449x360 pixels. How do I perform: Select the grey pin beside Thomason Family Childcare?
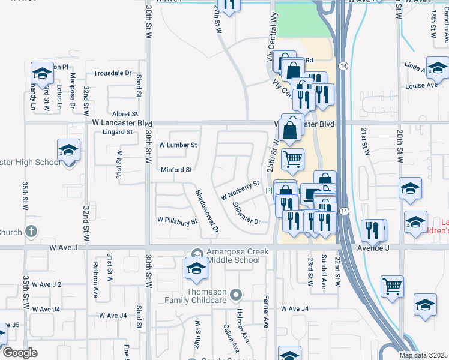click(x=236, y=295)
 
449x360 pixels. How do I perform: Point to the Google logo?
click(x=20, y=353)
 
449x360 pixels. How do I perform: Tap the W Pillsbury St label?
click(x=177, y=221)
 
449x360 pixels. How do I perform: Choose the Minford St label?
click(x=176, y=170)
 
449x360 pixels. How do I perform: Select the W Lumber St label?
click(x=178, y=145)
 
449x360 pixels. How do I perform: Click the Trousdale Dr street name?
click(x=112, y=73)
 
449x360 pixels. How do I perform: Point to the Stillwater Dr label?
click(x=247, y=212)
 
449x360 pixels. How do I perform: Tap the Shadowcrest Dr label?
click(x=207, y=211)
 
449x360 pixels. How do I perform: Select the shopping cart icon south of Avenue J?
click(x=391, y=286)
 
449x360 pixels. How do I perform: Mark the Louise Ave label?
click(x=421, y=86)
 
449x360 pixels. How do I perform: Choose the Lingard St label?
click(x=117, y=132)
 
